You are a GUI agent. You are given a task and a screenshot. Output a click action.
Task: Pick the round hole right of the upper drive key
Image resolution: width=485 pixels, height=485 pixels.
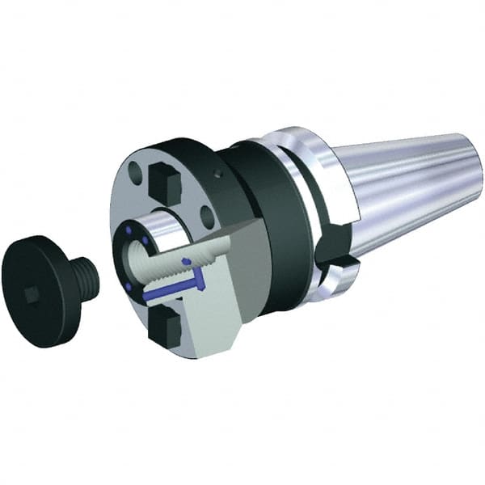point(208,214)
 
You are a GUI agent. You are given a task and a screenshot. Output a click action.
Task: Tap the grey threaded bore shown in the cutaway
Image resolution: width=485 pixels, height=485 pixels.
point(179,259)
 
